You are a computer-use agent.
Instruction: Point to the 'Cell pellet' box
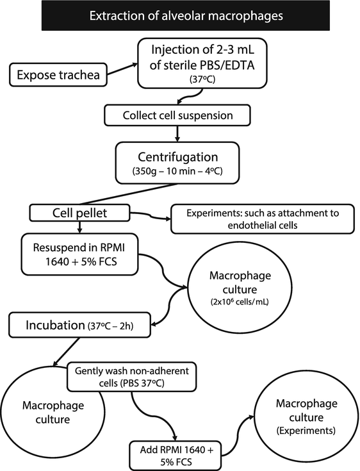click(x=79, y=213)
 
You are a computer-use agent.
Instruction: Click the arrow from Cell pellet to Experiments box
click(x=152, y=217)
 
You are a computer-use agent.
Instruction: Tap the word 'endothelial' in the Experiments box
click(x=232, y=226)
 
